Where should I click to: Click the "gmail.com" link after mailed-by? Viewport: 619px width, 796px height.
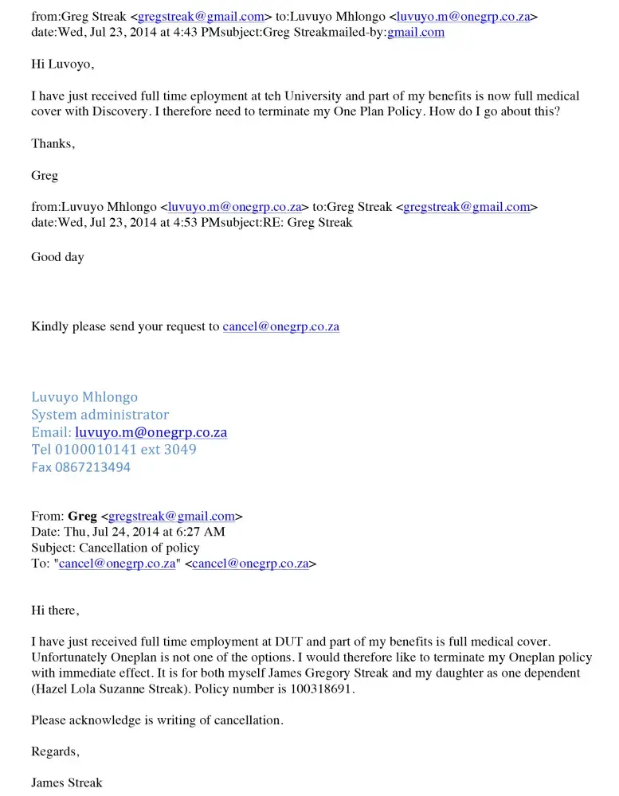[x=415, y=32]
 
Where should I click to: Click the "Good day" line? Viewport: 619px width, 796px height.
[x=57, y=256]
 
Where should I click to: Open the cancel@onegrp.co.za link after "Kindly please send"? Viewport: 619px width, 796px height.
[x=281, y=326]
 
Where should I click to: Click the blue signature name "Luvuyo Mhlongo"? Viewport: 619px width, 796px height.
[x=84, y=396]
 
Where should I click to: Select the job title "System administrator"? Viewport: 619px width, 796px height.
[x=100, y=414]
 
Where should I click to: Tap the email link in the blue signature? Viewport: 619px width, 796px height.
[x=151, y=432]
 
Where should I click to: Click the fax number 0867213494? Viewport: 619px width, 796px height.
[x=92, y=467]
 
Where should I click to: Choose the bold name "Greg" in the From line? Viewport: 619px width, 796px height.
[x=83, y=516]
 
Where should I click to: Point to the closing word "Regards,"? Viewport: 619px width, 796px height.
[x=55, y=751]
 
